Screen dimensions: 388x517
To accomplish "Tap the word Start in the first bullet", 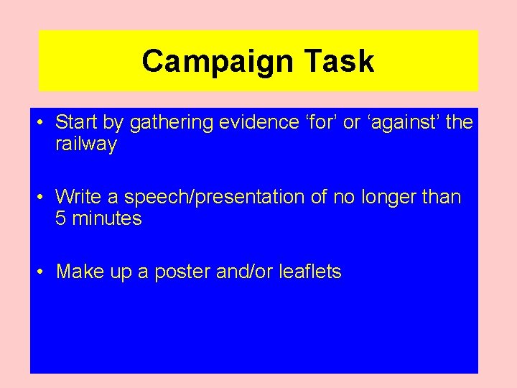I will click(74, 123).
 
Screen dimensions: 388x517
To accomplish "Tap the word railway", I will click(86, 145).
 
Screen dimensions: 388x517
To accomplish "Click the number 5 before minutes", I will click(61, 219).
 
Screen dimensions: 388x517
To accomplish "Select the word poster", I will click(185, 272).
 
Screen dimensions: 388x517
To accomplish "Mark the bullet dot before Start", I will click(41, 123).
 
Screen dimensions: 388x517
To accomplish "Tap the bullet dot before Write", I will click(41, 197).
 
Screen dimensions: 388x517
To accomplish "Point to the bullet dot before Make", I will click(41, 272).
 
